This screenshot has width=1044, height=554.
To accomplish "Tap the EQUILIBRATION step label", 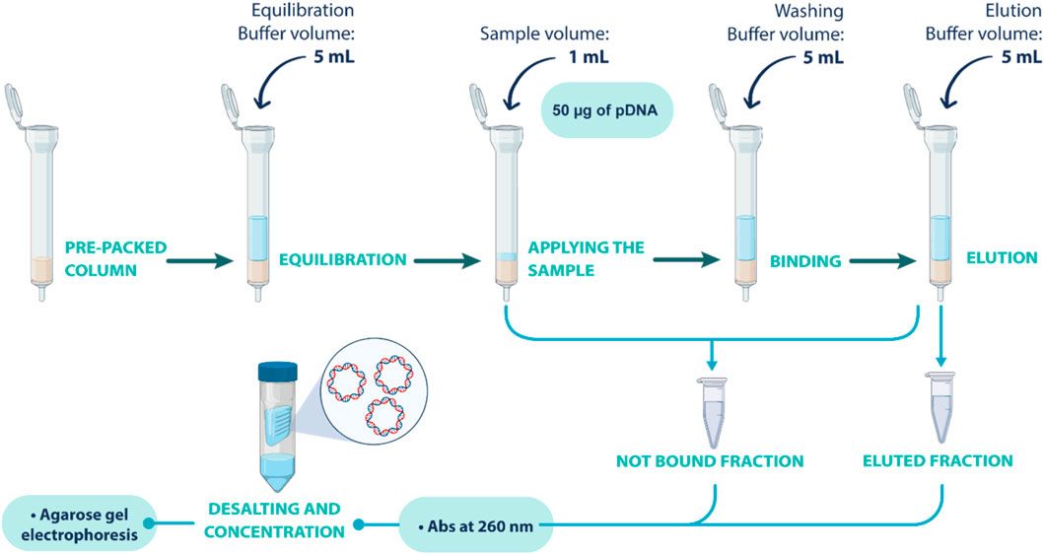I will (343, 260).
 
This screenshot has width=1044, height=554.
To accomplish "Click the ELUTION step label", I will (1001, 258).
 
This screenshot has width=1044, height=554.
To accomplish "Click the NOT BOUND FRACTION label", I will (710, 460).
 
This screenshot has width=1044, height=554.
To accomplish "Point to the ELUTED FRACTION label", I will (938, 460).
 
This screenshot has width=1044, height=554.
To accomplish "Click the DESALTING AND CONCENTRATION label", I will (273, 519).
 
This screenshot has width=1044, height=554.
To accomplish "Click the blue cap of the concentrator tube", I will (278, 372).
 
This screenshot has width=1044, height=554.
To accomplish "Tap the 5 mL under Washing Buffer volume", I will (823, 57).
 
